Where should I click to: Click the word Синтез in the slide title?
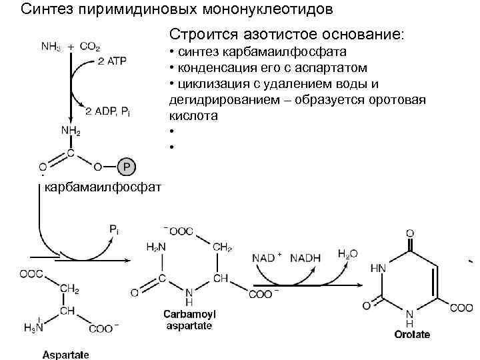tap(41, 11)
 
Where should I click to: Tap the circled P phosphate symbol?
tap(126, 165)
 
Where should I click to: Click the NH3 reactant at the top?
tap(52, 47)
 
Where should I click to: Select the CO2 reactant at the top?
tap(89, 47)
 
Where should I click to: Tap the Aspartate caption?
tap(65, 354)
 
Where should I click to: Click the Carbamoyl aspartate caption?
tap(189, 319)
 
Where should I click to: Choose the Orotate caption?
tap(411, 334)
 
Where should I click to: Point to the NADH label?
tap(306, 257)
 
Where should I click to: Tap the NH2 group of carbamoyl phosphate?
tap(70, 132)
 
